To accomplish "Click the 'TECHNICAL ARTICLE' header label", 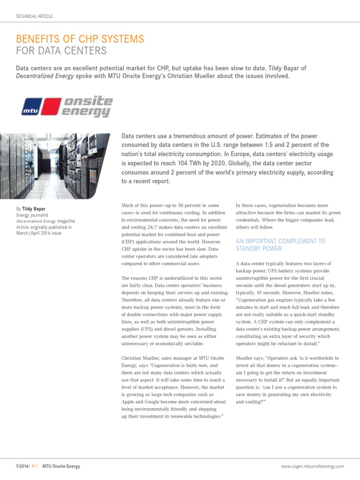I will (34, 16).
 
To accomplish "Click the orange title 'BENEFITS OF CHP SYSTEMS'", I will (80, 38).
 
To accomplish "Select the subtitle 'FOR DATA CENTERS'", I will (61, 51).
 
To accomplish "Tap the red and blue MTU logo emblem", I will (41, 106).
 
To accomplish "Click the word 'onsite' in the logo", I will (89, 101).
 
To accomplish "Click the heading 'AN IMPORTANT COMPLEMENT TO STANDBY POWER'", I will (280, 245).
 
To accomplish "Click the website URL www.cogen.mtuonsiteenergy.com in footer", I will (312, 466).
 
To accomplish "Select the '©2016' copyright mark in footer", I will (22, 466).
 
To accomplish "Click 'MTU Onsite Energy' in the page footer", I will (61, 466).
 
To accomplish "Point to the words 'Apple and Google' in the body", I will (142, 402).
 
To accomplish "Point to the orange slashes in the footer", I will (34, 466).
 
